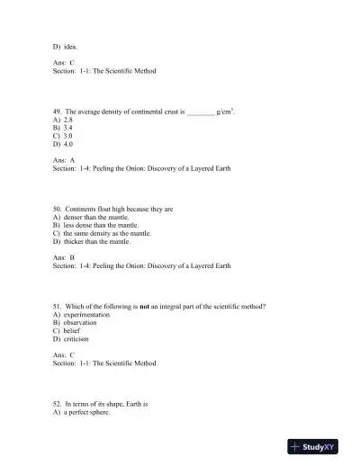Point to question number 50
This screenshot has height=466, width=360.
pos(58,210)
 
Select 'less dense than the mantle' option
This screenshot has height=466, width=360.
pos(97,225)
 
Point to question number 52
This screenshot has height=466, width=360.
pos(58,404)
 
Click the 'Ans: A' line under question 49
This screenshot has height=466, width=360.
pos(64,159)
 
